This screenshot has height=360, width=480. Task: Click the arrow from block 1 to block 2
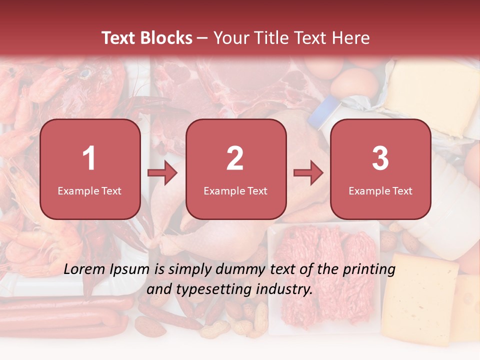(x=162, y=173)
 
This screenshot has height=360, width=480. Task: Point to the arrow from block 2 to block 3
(x=308, y=173)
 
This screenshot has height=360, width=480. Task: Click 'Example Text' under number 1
(x=89, y=190)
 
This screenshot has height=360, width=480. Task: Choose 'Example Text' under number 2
(x=235, y=190)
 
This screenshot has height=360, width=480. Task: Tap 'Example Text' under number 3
(x=380, y=190)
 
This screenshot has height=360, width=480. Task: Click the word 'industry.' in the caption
(x=287, y=289)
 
